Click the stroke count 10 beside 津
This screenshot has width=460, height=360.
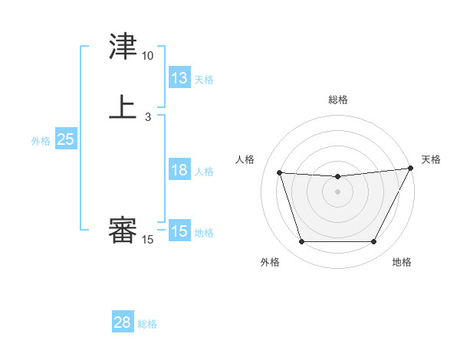[x=147, y=56]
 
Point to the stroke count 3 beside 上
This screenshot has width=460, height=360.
[x=147, y=116]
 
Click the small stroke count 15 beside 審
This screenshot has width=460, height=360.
[x=147, y=240]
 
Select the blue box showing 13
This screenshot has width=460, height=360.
[x=179, y=78]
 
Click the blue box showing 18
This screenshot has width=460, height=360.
[x=179, y=170]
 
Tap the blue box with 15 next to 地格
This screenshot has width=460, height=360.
[x=179, y=231]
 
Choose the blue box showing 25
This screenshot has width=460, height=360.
[x=65, y=139]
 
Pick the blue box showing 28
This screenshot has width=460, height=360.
[x=123, y=322]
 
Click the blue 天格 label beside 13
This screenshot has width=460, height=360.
[x=204, y=80]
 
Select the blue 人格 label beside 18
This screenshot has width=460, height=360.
[x=204, y=172]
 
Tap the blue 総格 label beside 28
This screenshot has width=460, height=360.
[x=147, y=324]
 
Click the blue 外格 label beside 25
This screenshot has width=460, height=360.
[x=41, y=141]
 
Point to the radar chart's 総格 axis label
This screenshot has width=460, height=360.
[x=338, y=100]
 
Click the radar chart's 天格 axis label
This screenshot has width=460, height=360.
[x=431, y=159]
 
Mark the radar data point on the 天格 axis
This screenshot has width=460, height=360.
[x=411, y=168]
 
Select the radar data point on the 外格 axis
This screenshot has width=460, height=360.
[x=301, y=242]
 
